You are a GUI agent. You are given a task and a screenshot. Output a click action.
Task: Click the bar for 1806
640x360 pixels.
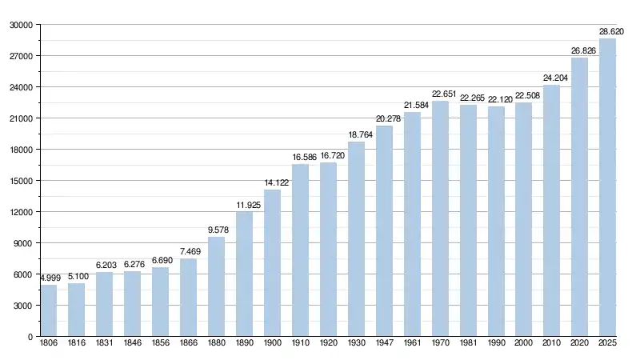pyautogui.click(x=49, y=310)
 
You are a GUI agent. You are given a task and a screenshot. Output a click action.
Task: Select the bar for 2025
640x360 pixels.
pyautogui.click(x=608, y=187)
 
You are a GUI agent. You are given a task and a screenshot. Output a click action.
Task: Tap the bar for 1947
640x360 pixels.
pyautogui.click(x=384, y=231)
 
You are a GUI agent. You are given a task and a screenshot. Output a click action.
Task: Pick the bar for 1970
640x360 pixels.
pyautogui.click(x=440, y=218)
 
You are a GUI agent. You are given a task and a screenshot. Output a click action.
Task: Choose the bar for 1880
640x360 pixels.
pyautogui.click(x=216, y=286)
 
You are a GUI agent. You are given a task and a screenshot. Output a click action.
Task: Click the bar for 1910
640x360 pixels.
pyautogui.click(x=300, y=250)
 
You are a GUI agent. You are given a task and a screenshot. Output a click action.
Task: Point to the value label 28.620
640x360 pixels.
pyautogui.click(x=612, y=31)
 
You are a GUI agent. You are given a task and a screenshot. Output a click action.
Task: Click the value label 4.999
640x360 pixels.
pyautogui.click(x=49, y=278)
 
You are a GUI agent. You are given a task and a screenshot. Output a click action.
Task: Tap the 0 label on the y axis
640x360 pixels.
pyautogui.click(x=30, y=337)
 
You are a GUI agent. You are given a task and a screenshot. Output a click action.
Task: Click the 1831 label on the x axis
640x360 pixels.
pyautogui.click(x=105, y=343)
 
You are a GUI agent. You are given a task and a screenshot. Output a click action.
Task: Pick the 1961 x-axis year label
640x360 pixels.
pyautogui.click(x=412, y=343)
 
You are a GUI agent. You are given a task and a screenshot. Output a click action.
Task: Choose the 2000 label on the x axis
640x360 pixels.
pyautogui.click(x=524, y=343)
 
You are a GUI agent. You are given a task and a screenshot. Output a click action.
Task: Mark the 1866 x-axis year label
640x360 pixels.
pyautogui.click(x=188, y=343)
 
